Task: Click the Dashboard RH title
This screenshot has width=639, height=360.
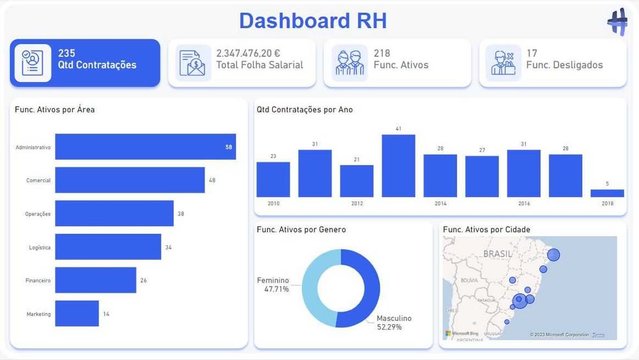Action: point(312,20)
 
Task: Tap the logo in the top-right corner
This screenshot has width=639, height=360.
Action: point(617,21)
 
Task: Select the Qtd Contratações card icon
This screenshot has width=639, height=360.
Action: point(33,63)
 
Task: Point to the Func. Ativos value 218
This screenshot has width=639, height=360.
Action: point(382,53)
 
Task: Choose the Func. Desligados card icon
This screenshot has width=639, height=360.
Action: point(503,63)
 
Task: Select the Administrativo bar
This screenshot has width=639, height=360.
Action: point(145,146)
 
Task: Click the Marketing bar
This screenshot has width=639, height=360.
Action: point(77,313)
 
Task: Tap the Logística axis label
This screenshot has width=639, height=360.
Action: point(40,247)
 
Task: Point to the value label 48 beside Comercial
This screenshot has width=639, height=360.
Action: point(212,180)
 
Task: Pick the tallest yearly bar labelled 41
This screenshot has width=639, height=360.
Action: point(398,165)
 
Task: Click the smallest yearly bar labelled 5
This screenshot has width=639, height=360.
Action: point(607,193)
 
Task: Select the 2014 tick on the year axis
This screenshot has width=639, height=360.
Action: point(440,203)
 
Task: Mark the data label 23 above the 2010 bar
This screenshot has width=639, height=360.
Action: point(273,156)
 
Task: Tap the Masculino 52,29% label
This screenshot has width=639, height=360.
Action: point(394,322)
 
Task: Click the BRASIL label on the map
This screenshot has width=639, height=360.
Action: point(498,253)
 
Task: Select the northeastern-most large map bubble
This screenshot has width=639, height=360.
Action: point(553,254)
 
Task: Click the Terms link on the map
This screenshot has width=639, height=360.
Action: point(598,334)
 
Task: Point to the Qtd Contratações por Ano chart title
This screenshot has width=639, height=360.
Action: point(304,109)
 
